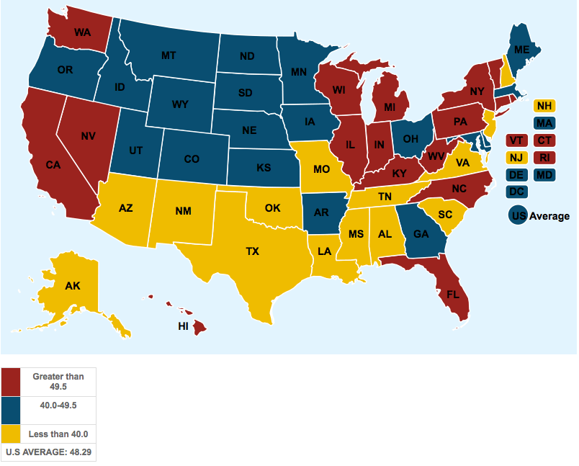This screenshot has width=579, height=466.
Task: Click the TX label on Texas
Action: click(x=252, y=251)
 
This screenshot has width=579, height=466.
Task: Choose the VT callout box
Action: click(x=516, y=140)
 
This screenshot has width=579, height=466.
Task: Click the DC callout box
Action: click(x=516, y=192)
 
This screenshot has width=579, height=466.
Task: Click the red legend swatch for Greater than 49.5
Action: click(x=12, y=382)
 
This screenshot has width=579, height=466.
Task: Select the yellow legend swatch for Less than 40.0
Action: click(x=12, y=434)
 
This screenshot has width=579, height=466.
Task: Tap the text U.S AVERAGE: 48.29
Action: click(x=48, y=453)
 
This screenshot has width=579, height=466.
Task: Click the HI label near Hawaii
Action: click(x=183, y=326)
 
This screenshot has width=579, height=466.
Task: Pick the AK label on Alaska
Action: click(x=73, y=285)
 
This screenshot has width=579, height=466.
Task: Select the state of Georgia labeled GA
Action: click(x=422, y=233)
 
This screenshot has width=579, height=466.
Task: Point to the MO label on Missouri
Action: click(x=321, y=171)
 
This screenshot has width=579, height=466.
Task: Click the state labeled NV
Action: click(x=89, y=135)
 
